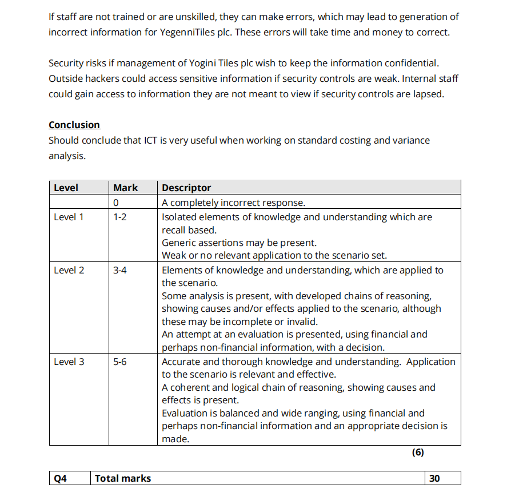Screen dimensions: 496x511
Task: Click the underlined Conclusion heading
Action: [x=74, y=125]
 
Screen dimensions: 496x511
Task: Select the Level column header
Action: [x=66, y=188]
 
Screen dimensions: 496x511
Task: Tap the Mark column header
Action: [x=125, y=188]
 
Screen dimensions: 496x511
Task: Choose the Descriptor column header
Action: [x=186, y=188]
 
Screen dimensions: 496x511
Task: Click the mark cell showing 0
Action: [x=116, y=203]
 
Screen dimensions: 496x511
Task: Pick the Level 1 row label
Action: [x=69, y=217]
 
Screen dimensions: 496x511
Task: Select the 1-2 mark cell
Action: [x=120, y=217]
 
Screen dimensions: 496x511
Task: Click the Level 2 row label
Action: [x=69, y=270]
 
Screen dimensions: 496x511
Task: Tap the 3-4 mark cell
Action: [x=120, y=270]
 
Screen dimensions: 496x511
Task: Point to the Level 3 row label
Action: [x=69, y=362]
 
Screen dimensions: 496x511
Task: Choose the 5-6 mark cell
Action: [x=120, y=362]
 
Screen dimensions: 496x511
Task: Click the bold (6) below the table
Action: [x=418, y=452]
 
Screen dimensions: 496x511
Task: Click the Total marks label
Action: [x=123, y=478]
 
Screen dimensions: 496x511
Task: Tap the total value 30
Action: [x=434, y=478]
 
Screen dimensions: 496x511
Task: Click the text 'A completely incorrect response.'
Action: [x=233, y=203]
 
